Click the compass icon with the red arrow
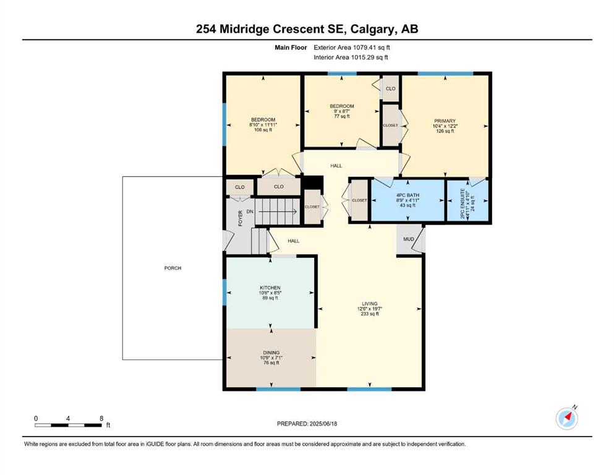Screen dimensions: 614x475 click(566, 419)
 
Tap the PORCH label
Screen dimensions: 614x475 click(173, 268)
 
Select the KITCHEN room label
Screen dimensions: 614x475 click(270, 288)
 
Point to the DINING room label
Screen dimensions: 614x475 click(271, 353)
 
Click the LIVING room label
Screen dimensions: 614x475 click(370, 304)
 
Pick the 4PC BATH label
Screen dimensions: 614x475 click(407, 195)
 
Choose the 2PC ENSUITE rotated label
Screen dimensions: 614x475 click(463, 203)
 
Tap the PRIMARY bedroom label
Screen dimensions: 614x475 click(445, 121)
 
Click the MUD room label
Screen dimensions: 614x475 click(409, 239)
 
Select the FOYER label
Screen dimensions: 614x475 click(241, 218)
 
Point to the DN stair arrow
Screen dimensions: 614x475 click(278, 212)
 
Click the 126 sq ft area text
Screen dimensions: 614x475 click(445, 131)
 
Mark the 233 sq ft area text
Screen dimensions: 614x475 click(370, 314)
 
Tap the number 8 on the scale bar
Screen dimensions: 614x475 click(101, 418)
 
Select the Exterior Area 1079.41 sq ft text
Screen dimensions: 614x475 click(352, 48)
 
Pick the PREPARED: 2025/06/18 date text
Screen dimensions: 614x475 click(307, 424)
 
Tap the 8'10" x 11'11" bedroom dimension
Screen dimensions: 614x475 click(263, 124)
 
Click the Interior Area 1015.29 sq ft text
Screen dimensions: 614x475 click(351, 58)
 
